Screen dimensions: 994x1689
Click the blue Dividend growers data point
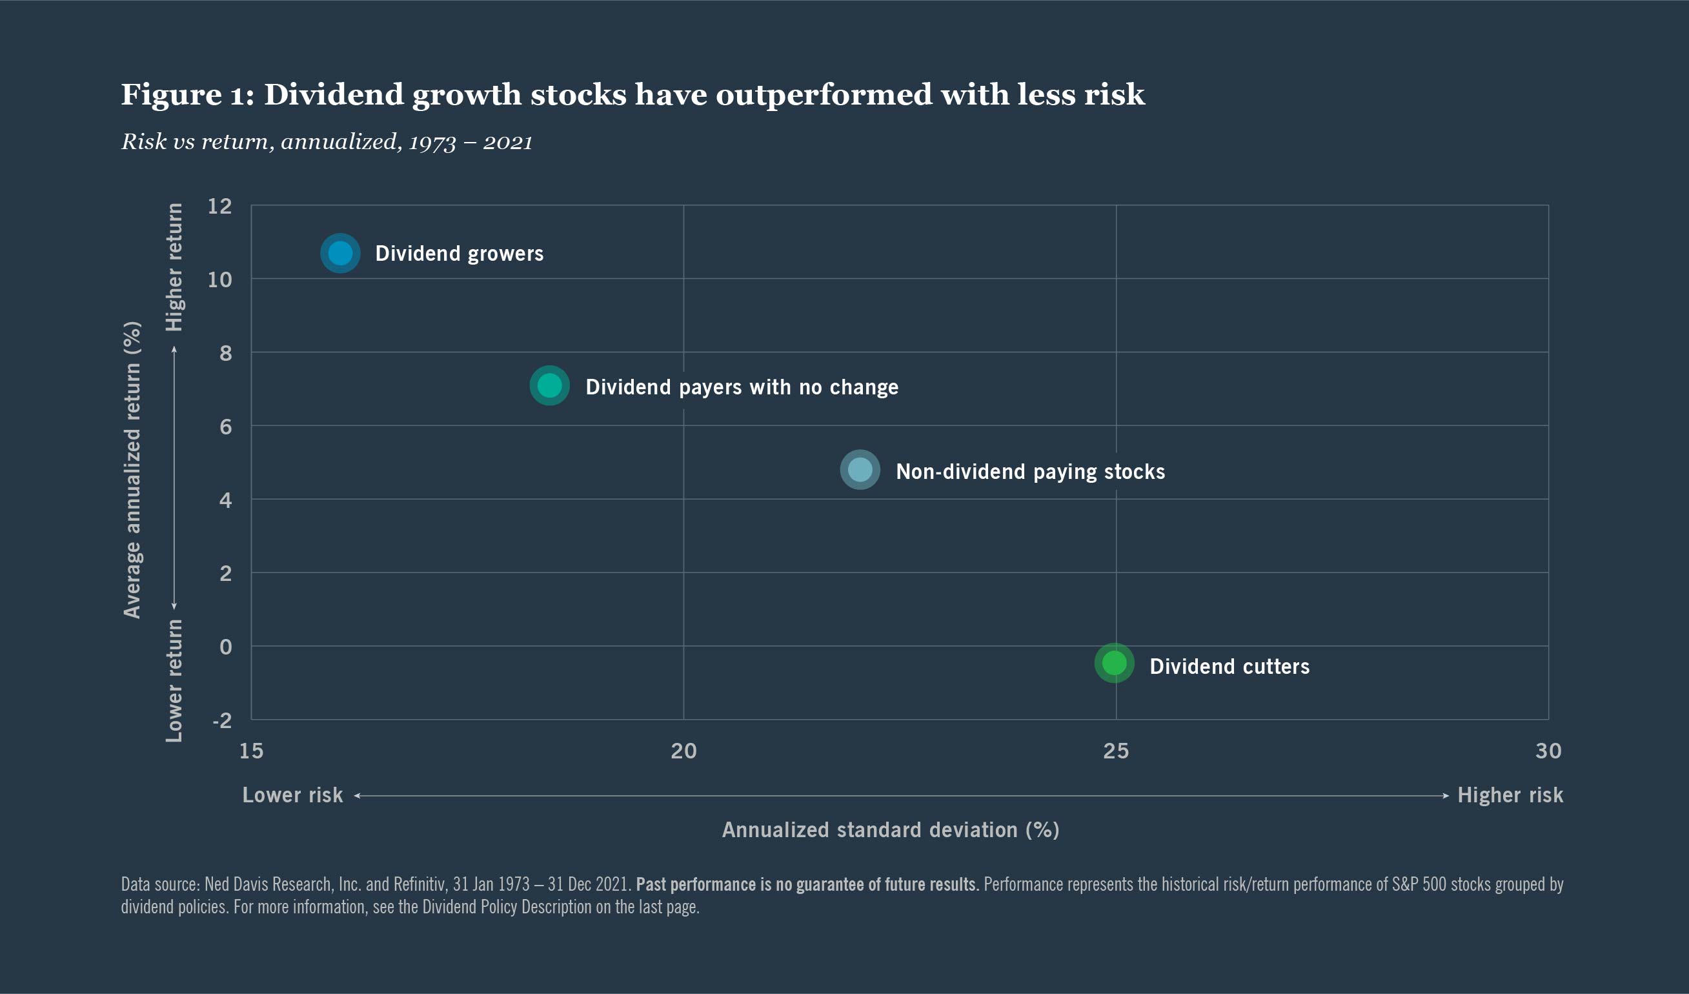[x=341, y=254]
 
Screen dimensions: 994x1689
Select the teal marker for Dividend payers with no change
[x=550, y=386]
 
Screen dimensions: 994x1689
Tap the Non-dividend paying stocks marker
[x=860, y=470]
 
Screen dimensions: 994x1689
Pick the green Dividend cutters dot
[x=1114, y=663]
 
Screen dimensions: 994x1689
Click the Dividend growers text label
[x=459, y=254]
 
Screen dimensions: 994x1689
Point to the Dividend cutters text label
[x=1229, y=666]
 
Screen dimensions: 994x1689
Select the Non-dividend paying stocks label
[x=1030, y=472]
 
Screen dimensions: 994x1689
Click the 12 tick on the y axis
[x=220, y=206]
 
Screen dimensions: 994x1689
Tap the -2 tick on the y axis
[x=222, y=720]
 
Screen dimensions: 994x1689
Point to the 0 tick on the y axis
[x=226, y=647]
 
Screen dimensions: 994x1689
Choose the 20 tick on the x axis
[x=683, y=751]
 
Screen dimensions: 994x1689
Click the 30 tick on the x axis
[x=1548, y=751]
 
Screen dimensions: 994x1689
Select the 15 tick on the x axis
[x=251, y=751]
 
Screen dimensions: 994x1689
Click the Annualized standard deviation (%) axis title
[x=890, y=830]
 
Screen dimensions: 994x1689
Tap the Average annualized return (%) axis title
[x=132, y=469]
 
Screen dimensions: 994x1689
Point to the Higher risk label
[x=1510, y=795]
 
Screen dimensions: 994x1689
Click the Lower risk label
[x=292, y=795]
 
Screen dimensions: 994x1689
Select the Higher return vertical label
[x=174, y=267]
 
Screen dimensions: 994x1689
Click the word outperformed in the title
[x=823, y=94]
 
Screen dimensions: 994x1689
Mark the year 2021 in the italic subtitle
[x=507, y=142]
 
